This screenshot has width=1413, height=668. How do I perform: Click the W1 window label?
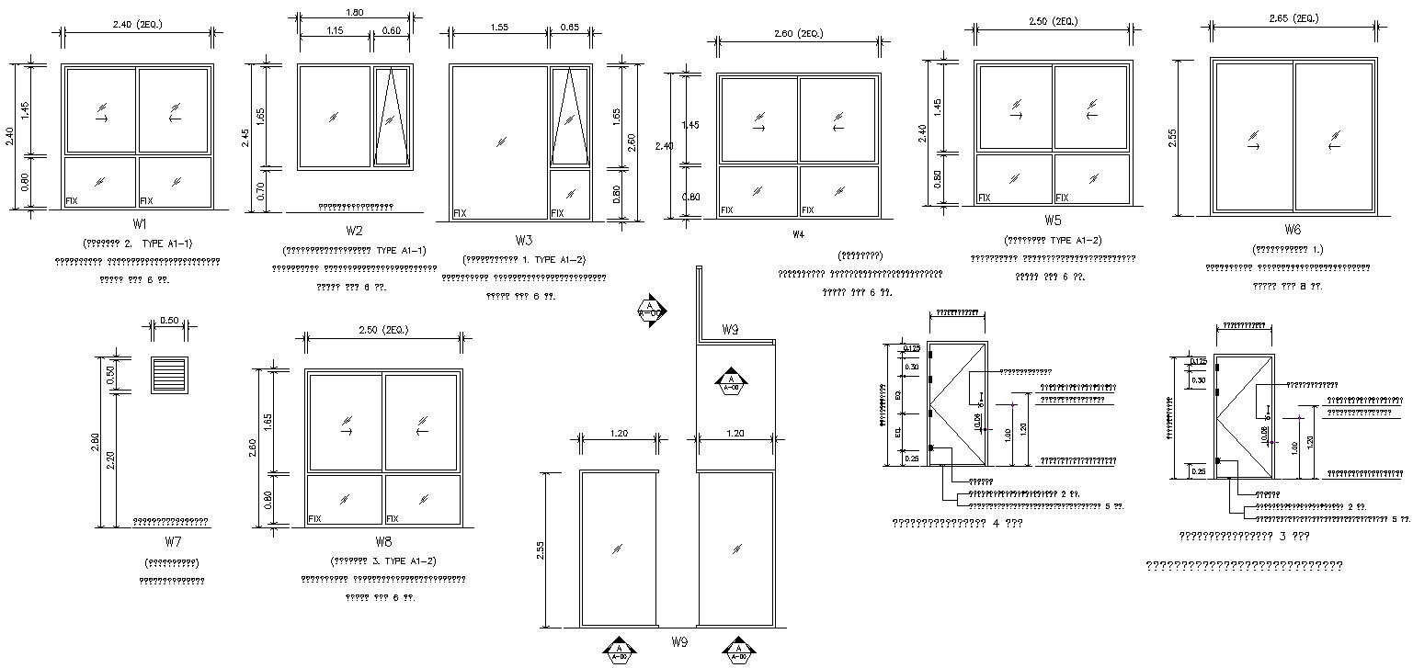(x=139, y=224)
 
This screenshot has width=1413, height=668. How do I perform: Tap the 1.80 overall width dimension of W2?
(x=353, y=12)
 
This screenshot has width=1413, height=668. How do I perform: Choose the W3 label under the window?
(x=523, y=241)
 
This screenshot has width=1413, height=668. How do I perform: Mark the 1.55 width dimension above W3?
(x=499, y=28)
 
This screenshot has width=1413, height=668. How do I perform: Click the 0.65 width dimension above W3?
(x=570, y=28)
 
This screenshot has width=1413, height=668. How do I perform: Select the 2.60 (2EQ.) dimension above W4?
(x=799, y=34)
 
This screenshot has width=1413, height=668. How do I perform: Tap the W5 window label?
(x=1053, y=221)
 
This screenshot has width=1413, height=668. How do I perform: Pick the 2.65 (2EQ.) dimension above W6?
(x=1295, y=18)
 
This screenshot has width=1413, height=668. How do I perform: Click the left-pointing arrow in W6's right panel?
(x=1333, y=145)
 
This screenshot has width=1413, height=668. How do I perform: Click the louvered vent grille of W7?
(x=169, y=376)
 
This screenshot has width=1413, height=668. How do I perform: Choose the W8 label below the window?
(x=383, y=542)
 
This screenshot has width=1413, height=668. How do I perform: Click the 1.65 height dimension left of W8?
(x=268, y=421)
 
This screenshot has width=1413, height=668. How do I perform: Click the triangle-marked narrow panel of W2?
(x=392, y=116)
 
